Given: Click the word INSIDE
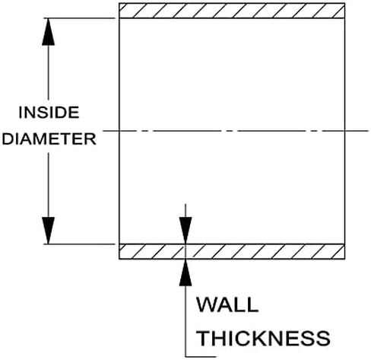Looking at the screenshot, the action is pyautogui.click(x=49, y=113).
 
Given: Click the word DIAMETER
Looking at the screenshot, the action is pyautogui.click(x=49, y=139).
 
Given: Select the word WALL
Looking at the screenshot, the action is pyautogui.click(x=227, y=304).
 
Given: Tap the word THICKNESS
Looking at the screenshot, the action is pyautogui.click(x=264, y=338).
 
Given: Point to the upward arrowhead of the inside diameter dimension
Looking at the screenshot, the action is pyautogui.click(x=48, y=32).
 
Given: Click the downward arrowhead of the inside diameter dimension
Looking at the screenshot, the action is pyautogui.click(x=48, y=231).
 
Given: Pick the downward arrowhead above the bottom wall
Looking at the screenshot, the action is pyautogui.click(x=185, y=231).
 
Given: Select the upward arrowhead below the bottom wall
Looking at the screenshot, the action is pyautogui.click(x=185, y=272).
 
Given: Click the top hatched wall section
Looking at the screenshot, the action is pyautogui.click(x=232, y=11).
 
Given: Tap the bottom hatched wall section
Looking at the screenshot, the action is pyautogui.click(x=232, y=251).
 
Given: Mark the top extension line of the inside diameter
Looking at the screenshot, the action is pyautogui.click(x=80, y=18).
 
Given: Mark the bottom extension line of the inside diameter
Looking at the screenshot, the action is pyautogui.click(x=80, y=244).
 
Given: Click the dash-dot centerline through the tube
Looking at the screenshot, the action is pyautogui.click(x=236, y=131).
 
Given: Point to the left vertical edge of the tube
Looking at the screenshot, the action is pyautogui.click(x=119, y=131).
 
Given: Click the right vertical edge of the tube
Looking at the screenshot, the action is pyautogui.click(x=344, y=131).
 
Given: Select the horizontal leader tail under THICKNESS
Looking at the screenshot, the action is pyautogui.click(x=201, y=356).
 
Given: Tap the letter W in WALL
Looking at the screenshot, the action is pyautogui.click(x=207, y=304).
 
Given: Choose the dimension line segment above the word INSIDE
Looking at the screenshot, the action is pyautogui.click(x=48, y=72).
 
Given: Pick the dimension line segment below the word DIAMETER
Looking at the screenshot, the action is pyautogui.click(x=48, y=185).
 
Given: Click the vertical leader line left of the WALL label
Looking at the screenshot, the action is pyautogui.click(x=185, y=321).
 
